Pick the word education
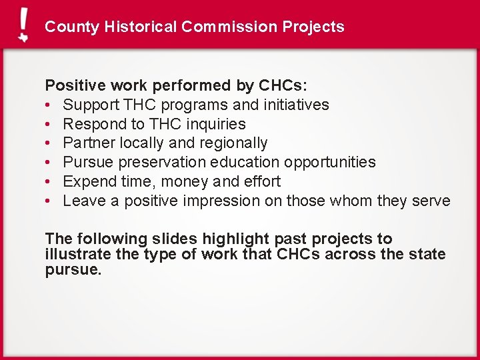click(x=248, y=163)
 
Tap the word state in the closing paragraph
click(x=427, y=254)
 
